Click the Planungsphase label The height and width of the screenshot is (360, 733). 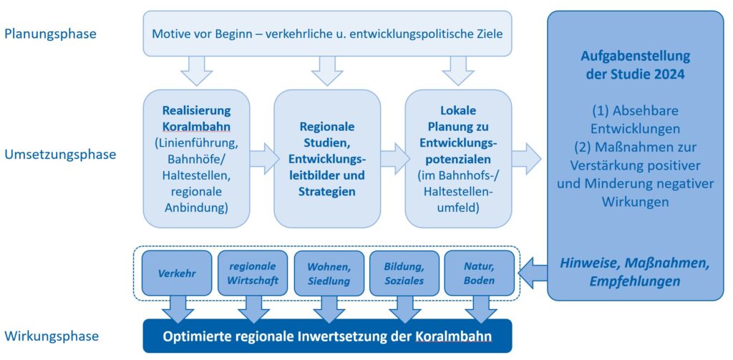[x=49, y=33]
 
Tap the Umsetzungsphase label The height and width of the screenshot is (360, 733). [x=59, y=154]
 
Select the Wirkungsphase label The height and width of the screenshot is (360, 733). [x=52, y=336]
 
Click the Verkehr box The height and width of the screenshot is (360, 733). [x=177, y=273]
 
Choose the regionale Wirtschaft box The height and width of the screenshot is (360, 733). [x=253, y=273]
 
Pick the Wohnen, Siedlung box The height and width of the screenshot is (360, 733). [x=329, y=273]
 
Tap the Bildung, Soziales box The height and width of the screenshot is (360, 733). [x=404, y=273]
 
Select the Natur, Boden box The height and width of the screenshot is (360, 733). [x=479, y=273]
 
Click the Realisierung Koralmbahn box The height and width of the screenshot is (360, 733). [x=196, y=158]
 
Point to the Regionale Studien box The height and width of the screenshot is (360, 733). [x=327, y=158]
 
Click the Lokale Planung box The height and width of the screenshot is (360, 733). [x=458, y=158]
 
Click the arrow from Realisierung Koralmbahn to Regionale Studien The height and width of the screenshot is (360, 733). [x=262, y=158]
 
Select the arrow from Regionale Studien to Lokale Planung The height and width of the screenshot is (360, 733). [x=393, y=158]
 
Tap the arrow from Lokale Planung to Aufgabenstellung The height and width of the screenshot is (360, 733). [x=526, y=158]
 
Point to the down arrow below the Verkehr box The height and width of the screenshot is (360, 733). [x=177, y=308]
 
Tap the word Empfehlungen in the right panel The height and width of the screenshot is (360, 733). [x=634, y=281]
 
